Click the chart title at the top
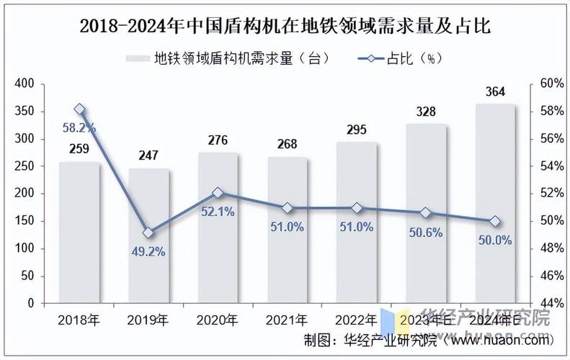(x=285, y=27)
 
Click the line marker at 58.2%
(x=80, y=109)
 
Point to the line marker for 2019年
(x=148, y=233)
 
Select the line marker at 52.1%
(x=218, y=193)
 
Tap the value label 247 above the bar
(x=148, y=156)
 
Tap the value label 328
(x=427, y=112)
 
